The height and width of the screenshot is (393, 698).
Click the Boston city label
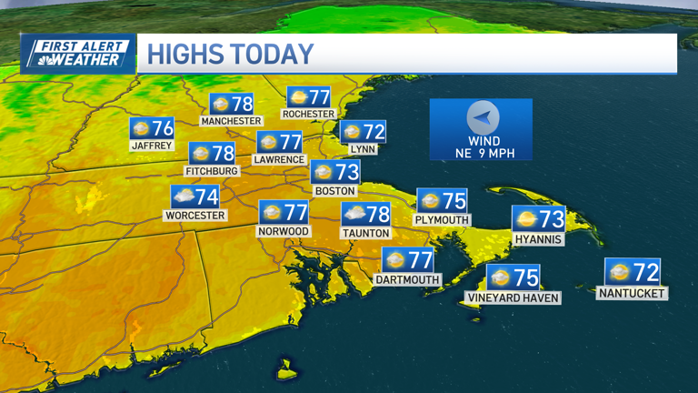pyautogui.click(x=334, y=191)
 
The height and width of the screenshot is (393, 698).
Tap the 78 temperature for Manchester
pyautogui.click(x=241, y=103)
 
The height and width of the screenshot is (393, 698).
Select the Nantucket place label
pyautogui.click(x=633, y=293)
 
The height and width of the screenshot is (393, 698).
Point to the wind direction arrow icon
pyautogui.click(x=483, y=118)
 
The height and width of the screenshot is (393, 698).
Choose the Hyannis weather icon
pyautogui.click(x=525, y=218)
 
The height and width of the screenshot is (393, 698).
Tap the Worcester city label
pyautogui.click(x=194, y=216)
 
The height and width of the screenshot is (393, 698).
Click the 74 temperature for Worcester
pyautogui.click(x=206, y=196)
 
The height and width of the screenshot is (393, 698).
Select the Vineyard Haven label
pyautogui.click(x=513, y=297)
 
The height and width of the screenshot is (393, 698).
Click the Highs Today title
pyautogui.click(x=230, y=54)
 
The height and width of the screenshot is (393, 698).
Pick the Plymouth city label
pyautogui.click(x=441, y=219)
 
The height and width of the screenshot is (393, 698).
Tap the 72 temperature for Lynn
pyautogui.click(x=373, y=132)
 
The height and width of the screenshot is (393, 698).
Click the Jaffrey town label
pyautogui.click(x=151, y=145)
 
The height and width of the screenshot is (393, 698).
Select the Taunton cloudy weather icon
pyautogui.click(x=354, y=215)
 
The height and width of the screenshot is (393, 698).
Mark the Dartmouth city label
pyautogui.click(x=407, y=279)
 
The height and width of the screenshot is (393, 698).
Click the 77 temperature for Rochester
pyautogui.click(x=318, y=96)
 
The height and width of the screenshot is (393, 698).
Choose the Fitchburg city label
pyautogui.click(x=212, y=171)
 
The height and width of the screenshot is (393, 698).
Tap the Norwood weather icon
pyautogui.click(x=271, y=213)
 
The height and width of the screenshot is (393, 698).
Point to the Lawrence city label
pyautogui.click(x=279, y=159)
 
